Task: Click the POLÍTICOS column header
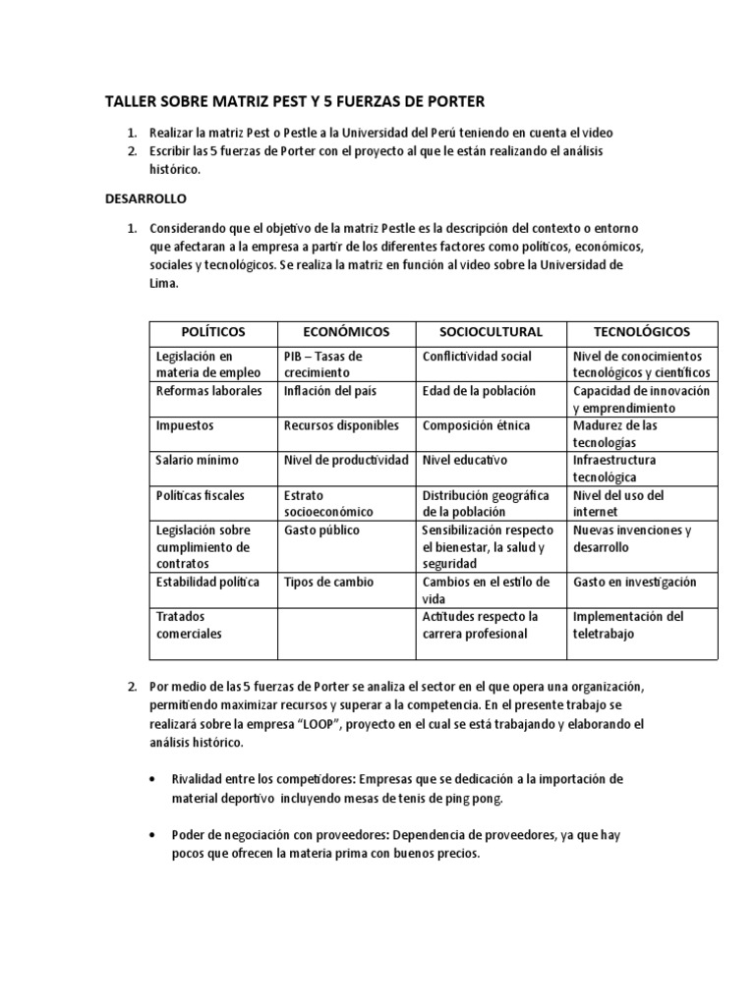(213, 331)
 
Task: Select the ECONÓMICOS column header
(346, 331)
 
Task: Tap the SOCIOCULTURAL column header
(490, 331)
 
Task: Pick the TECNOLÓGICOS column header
(642, 331)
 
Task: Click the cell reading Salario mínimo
(198, 460)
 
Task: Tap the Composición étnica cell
(476, 425)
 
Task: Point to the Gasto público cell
(321, 531)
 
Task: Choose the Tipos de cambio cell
(328, 583)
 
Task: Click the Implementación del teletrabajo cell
(627, 625)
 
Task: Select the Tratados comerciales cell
(189, 625)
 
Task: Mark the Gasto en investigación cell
(634, 583)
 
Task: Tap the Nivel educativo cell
(465, 460)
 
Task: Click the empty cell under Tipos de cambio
(346, 633)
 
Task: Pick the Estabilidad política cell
(207, 583)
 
